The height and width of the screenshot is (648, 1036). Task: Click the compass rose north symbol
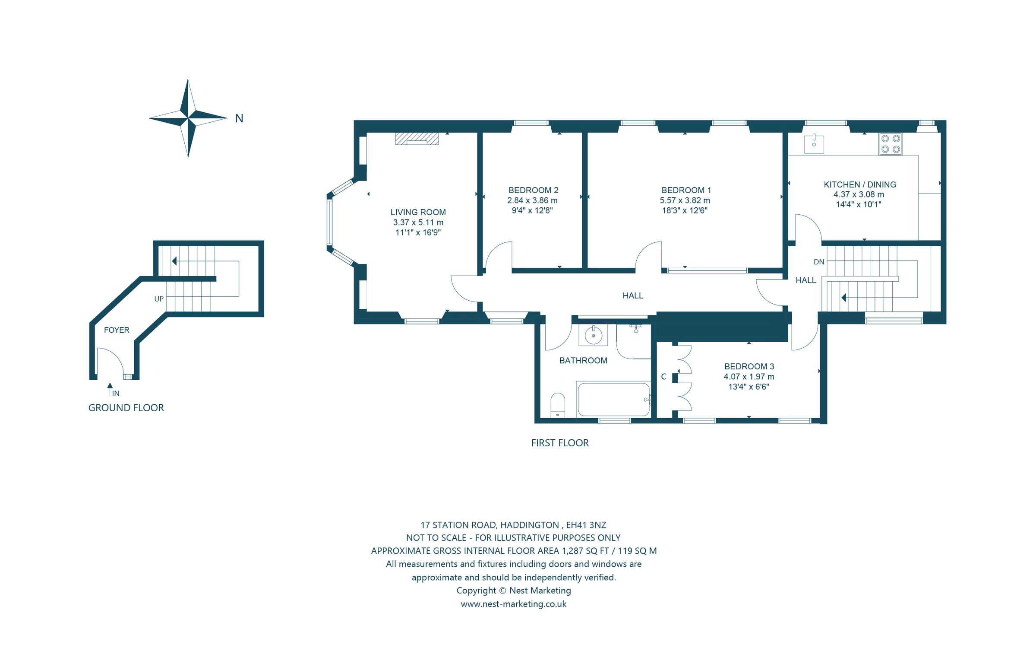point(188,118)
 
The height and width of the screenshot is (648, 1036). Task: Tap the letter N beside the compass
point(239,118)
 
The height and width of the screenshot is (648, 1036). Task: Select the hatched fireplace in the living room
point(417,138)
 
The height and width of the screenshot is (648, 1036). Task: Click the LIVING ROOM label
point(418,212)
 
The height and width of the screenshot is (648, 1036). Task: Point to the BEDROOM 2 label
point(533,190)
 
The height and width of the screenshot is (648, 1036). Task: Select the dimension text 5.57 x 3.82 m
point(685,200)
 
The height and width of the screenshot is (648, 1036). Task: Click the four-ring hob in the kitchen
point(891,144)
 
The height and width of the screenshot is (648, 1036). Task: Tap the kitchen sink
point(814,144)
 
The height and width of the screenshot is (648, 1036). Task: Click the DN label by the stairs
point(819,262)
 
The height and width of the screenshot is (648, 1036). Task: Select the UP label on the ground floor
point(159,299)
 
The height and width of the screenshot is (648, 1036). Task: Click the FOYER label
point(117,330)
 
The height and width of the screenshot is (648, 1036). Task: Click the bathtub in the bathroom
point(613,400)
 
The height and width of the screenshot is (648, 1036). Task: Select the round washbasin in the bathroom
point(594,335)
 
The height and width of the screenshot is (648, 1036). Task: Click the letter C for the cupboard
point(663,377)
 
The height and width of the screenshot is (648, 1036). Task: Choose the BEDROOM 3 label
point(749,366)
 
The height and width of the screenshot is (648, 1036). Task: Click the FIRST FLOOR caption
point(560,443)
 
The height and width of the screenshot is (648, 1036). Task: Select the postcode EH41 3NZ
point(586,525)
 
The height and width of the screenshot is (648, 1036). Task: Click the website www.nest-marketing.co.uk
point(513,604)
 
